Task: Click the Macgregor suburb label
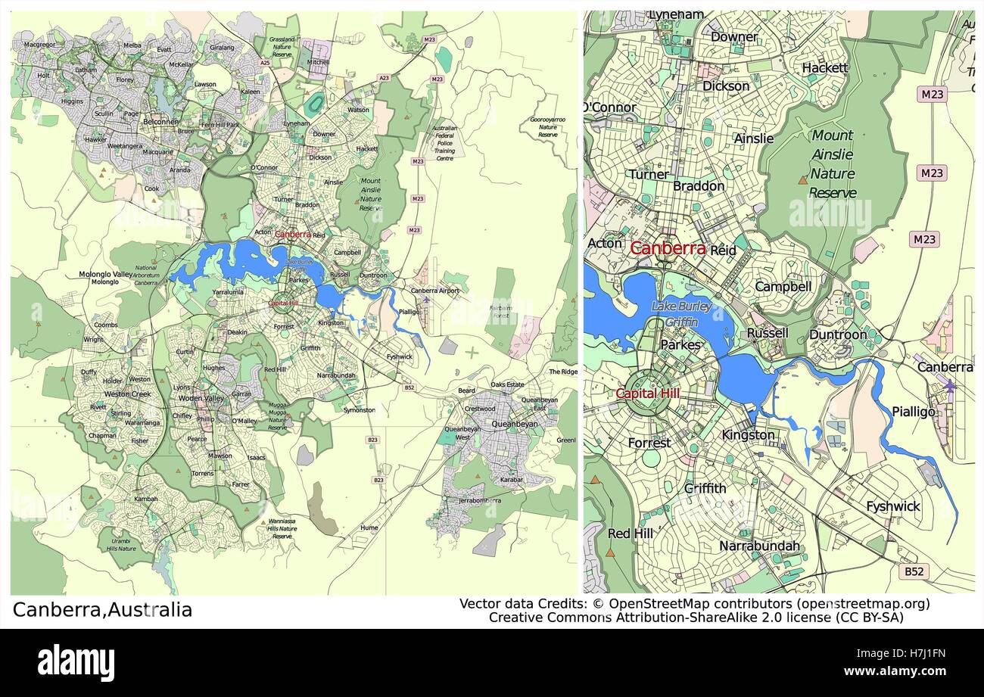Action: (x=39, y=45)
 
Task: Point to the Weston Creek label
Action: (x=128, y=394)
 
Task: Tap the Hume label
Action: (x=369, y=528)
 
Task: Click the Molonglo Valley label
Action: (x=105, y=274)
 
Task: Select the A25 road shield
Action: (x=265, y=63)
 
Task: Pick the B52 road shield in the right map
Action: (x=914, y=572)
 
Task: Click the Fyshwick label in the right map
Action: (x=893, y=506)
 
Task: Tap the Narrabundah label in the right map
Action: (x=759, y=546)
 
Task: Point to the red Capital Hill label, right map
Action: (x=647, y=394)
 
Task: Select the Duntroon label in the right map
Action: (x=838, y=334)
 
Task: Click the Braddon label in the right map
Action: (x=699, y=186)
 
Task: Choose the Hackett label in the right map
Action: (x=825, y=68)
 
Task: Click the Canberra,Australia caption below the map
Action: (x=103, y=610)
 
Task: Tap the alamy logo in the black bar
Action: (x=76, y=663)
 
